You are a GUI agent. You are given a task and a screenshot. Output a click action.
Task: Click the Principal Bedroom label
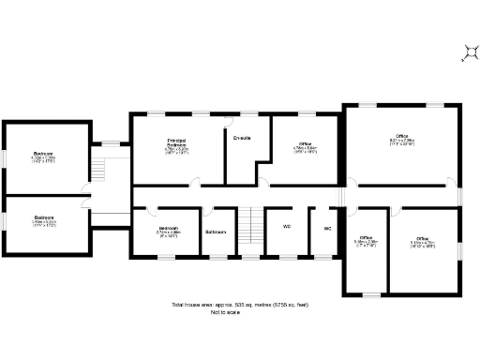pos(177,144)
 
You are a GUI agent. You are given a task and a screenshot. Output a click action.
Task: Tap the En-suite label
pos(242,140)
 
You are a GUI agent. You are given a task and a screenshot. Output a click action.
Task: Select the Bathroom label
pos(217,231)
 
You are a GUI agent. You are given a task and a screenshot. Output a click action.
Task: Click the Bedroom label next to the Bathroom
pos(169,228)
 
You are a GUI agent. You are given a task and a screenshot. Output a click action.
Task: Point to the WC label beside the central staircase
pos(286,226)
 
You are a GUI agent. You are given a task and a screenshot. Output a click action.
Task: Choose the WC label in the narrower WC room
pos(328,228)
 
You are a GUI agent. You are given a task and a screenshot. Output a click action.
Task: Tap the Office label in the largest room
pos(400,138)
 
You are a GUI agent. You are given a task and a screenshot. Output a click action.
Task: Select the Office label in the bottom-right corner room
pos(423,238)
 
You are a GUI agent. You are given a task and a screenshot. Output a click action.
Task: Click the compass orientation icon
pos(469,53)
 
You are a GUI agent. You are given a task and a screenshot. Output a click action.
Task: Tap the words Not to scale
pos(240,311)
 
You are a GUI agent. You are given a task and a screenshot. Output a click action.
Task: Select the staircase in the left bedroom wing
pos(97,170)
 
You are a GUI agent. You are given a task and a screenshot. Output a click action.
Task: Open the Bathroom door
pos(213,211)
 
